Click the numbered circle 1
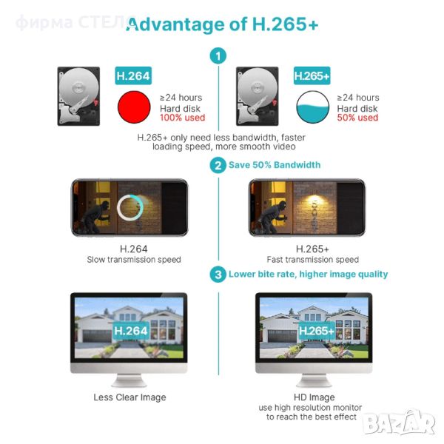point(218,55)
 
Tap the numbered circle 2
point(218,165)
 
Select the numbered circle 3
point(218,274)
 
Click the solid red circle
point(134,107)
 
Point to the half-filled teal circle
point(312,107)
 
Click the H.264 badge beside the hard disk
point(133,75)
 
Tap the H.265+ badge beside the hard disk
point(312,75)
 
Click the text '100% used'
point(182,118)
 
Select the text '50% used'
point(357,118)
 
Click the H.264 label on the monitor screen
point(131,331)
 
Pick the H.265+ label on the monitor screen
point(317,331)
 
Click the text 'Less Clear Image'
point(129,397)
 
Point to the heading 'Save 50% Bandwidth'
point(275,165)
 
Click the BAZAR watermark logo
point(400,423)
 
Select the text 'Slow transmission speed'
point(134,260)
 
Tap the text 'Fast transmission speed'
point(312,260)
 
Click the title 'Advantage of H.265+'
point(223,24)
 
